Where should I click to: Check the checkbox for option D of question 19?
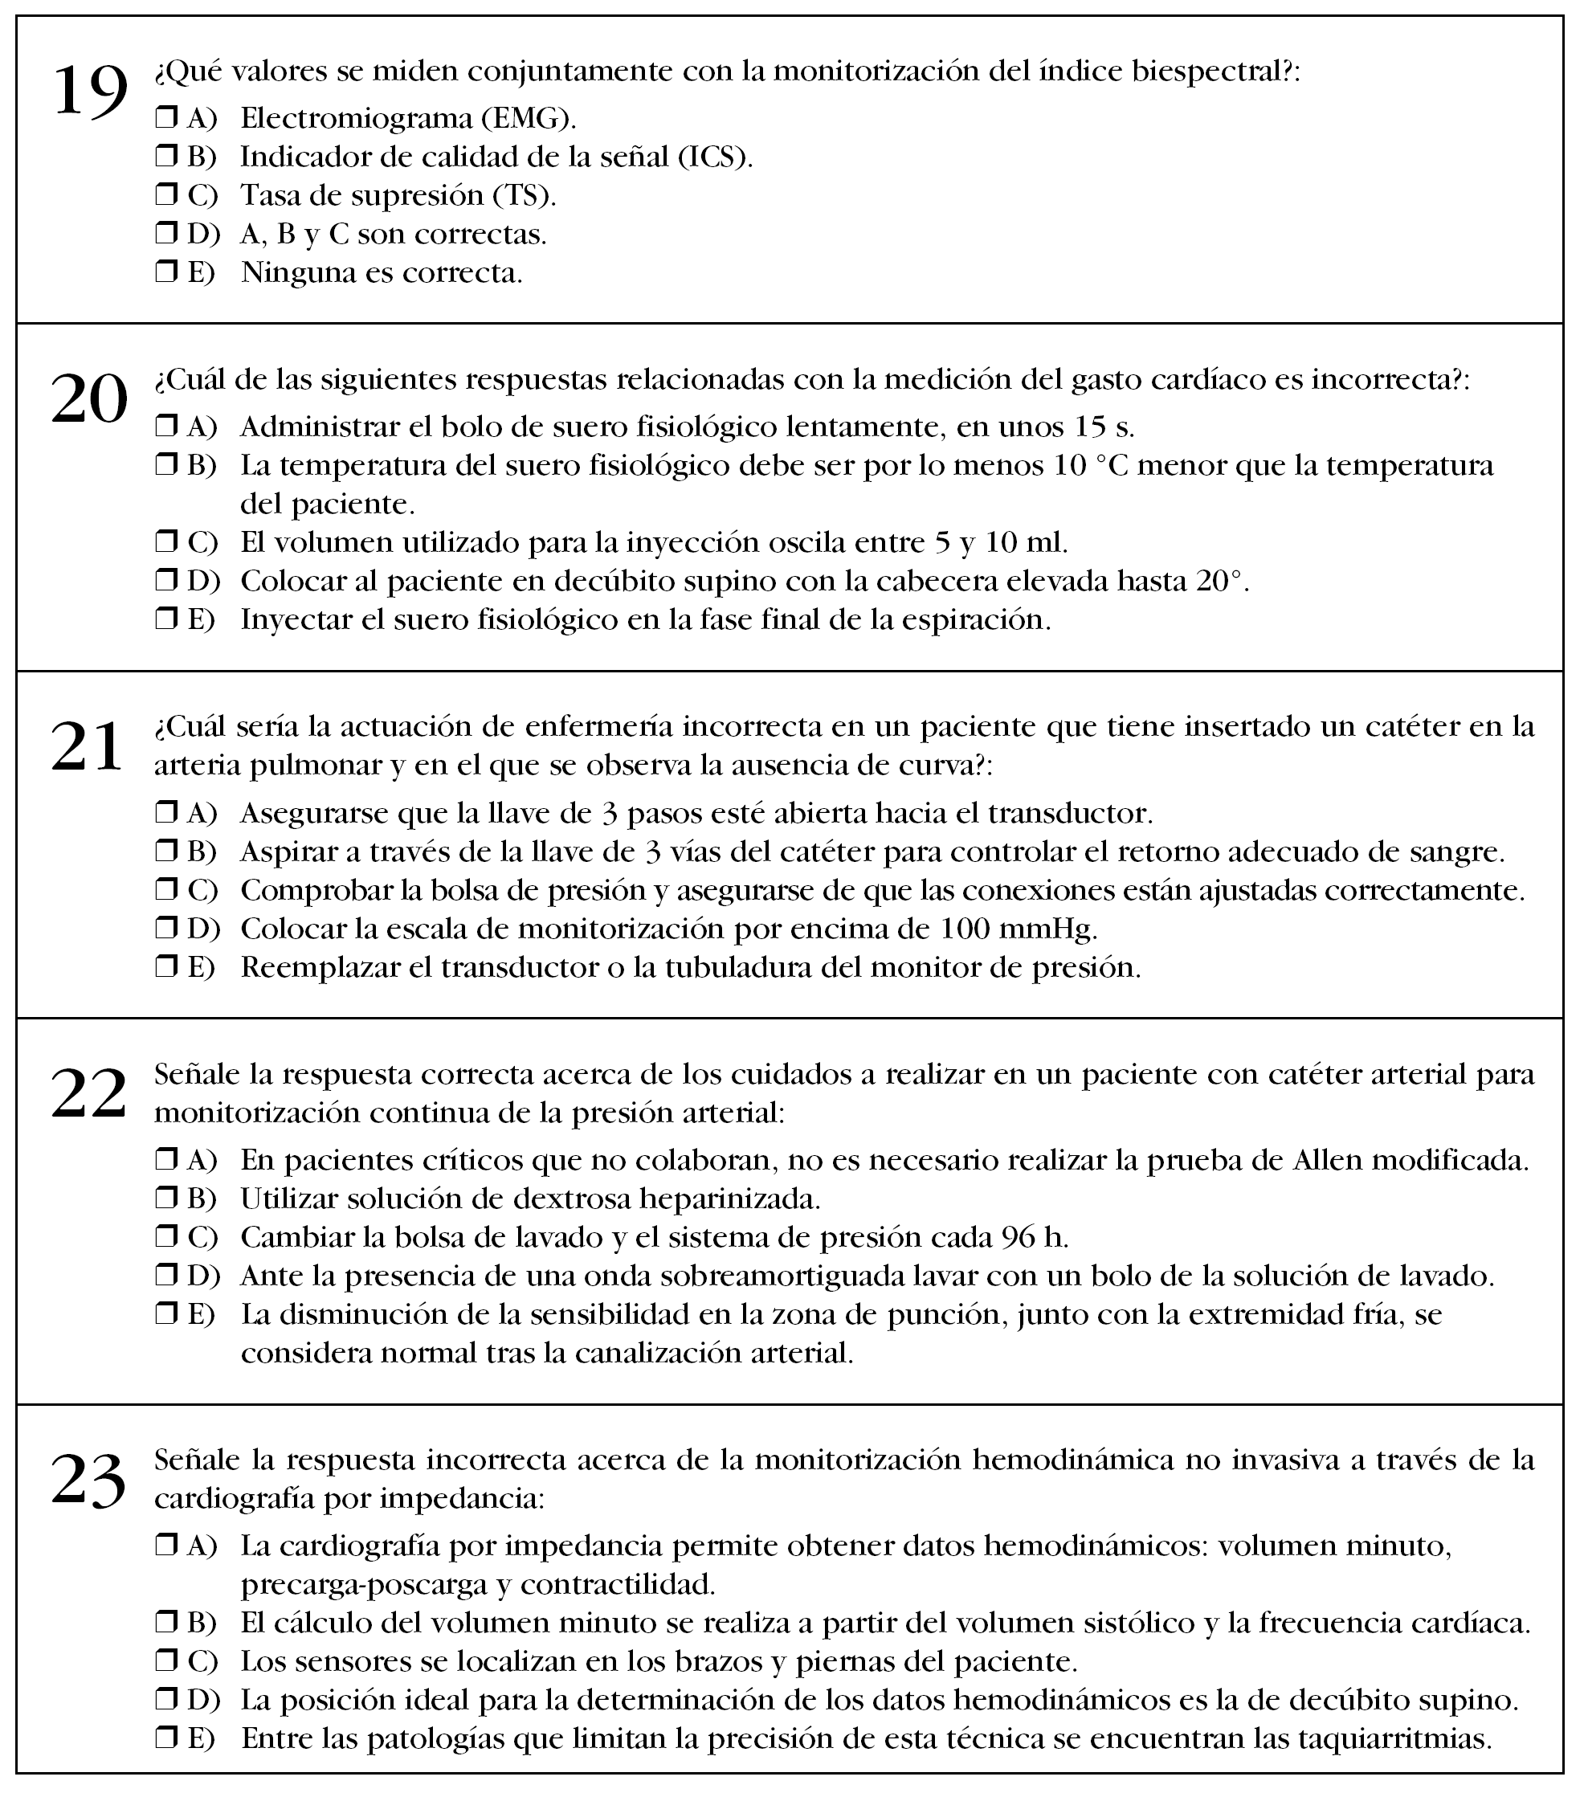click(165, 233)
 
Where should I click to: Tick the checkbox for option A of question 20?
click(165, 427)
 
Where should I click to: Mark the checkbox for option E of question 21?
click(165, 966)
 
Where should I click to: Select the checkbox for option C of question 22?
click(165, 1237)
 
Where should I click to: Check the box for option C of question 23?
click(165, 1661)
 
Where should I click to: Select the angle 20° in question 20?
click(1220, 581)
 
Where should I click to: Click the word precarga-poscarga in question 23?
click(363, 1585)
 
